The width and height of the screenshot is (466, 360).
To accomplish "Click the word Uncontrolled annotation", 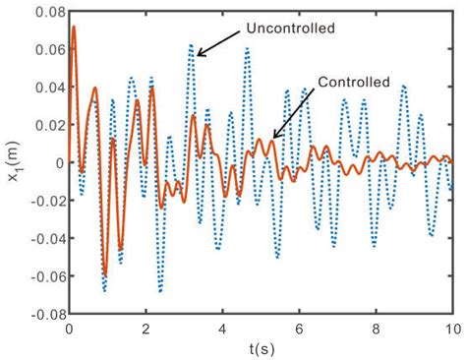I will (x=293, y=29).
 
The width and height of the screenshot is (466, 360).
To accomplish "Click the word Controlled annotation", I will (x=356, y=82).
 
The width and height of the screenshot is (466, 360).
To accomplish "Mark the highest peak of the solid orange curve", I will (x=73, y=28).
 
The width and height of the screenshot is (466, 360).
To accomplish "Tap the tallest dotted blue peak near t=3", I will (x=192, y=45).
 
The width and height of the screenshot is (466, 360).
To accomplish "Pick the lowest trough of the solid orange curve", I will (x=105, y=273).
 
